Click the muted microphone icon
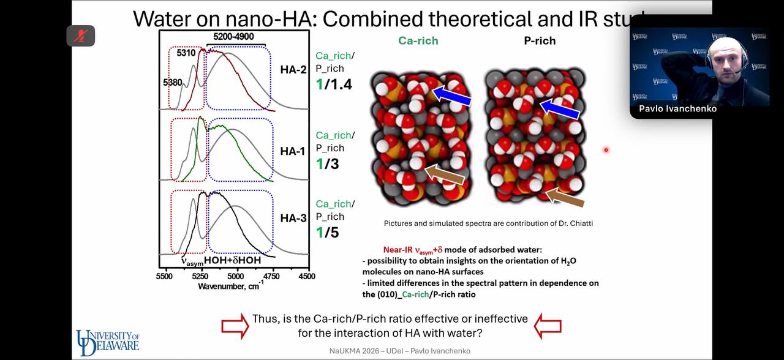(x=81, y=36)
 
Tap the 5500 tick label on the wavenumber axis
(x=164, y=277)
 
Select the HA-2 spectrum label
(x=293, y=69)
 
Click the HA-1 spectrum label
(x=293, y=151)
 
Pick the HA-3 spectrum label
(x=293, y=218)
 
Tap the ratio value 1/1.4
(x=334, y=84)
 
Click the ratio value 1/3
(x=327, y=164)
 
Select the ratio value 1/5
(x=327, y=233)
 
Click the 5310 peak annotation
(x=186, y=53)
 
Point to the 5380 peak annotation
(x=172, y=82)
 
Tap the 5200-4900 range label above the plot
(x=233, y=37)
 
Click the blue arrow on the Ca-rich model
(x=451, y=96)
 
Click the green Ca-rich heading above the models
(x=418, y=41)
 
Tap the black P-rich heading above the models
(x=540, y=41)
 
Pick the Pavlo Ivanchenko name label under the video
(x=677, y=109)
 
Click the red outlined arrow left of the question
(x=235, y=326)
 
